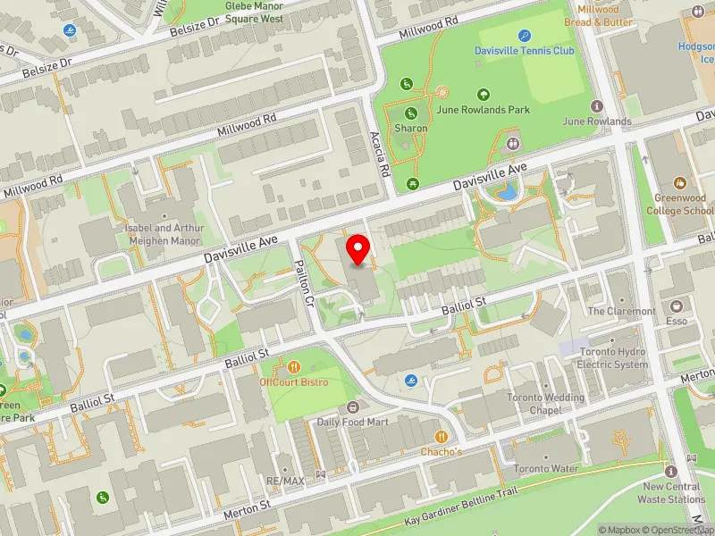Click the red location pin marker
[x=358, y=249]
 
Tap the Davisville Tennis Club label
[x=525, y=51]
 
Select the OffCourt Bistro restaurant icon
[x=294, y=366]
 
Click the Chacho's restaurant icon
[x=441, y=436]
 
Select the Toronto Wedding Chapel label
[x=545, y=404]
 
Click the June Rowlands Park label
[x=484, y=110]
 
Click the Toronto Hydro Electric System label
[x=613, y=358]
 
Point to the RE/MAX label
[x=286, y=480]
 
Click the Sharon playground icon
[x=411, y=113]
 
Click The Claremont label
[x=620, y=312]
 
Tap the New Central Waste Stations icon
[x=671, y=472]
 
